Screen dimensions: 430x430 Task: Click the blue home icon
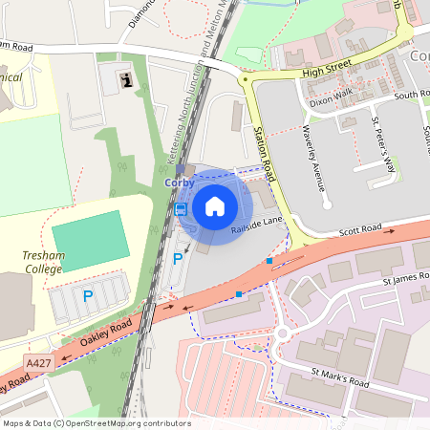(215, 205)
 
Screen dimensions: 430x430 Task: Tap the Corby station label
(180, 183)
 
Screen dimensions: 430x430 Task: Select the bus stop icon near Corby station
(181, 209)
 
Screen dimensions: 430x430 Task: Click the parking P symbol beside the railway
(177, 259)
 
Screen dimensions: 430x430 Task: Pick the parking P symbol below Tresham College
(88, 296)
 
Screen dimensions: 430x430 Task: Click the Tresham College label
(43, 263)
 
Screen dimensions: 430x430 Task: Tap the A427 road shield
(39, 363)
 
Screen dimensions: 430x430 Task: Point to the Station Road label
(265, 153)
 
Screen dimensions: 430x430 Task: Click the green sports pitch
(90, 240)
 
